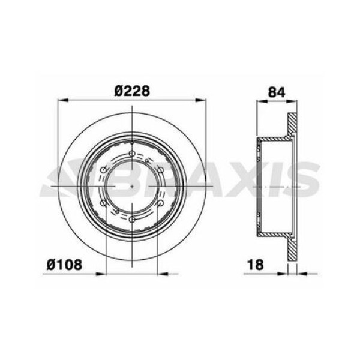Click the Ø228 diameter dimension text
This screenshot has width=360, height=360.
tap(131, 91)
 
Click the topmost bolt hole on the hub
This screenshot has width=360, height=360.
tap(132, 154)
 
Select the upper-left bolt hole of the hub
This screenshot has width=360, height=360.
tap(104, 170)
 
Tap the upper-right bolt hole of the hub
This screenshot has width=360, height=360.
tap(160, 170)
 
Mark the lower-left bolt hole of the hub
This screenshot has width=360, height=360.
tap(104, 203)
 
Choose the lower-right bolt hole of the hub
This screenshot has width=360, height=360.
tap(160, 203)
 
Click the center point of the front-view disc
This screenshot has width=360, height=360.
tap(132, 187)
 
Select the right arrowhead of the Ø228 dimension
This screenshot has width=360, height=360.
tap(202, 101)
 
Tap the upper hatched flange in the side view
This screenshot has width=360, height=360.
tap(292, 126)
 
